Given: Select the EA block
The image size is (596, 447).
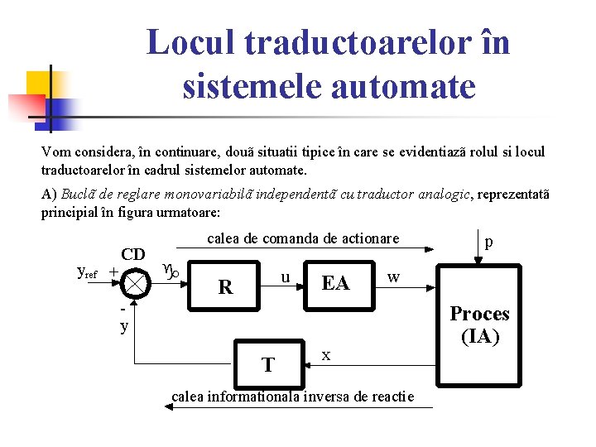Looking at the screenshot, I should point(334,284).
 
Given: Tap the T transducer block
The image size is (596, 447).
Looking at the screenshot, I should point(268,363).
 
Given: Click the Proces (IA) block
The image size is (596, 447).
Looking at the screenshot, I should point(479,324).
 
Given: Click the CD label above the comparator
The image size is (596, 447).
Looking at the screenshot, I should point(133,254).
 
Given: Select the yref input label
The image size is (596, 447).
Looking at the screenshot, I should point(87,272).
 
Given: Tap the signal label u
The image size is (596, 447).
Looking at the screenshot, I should point(284,277).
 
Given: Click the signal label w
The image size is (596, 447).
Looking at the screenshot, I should point(394,276).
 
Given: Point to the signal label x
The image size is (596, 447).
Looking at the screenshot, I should point(326,355).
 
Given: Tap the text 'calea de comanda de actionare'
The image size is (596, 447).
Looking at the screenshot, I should point(303,238).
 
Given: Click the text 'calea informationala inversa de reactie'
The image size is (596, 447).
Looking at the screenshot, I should point(292,397).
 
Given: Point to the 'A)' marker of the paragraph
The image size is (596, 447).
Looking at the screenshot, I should point(49,195).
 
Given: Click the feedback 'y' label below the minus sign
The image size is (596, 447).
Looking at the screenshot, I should point(124,326).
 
